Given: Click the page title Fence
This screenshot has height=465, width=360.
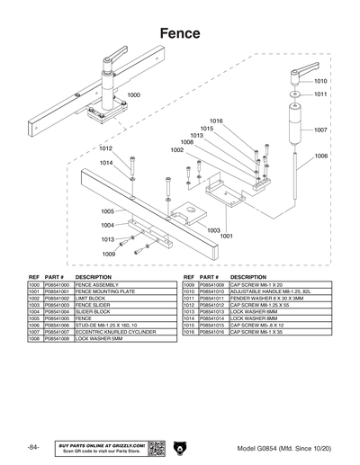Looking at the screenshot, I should coord(180,32).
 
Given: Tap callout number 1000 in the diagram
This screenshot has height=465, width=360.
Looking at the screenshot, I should coord(133,94).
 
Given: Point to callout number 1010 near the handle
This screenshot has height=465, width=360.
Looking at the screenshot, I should coord(320,81).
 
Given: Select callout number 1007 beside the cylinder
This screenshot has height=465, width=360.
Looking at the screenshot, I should coord(320,130).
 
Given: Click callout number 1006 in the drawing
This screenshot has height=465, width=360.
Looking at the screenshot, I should coord(320,156).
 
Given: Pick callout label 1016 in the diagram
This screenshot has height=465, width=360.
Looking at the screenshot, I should coord(216,121).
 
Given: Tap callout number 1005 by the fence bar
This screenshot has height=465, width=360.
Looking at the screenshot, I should coord(107,212).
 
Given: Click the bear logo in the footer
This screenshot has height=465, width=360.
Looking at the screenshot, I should coord(179,447).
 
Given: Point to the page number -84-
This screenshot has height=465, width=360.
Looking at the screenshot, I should coord(33,447).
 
